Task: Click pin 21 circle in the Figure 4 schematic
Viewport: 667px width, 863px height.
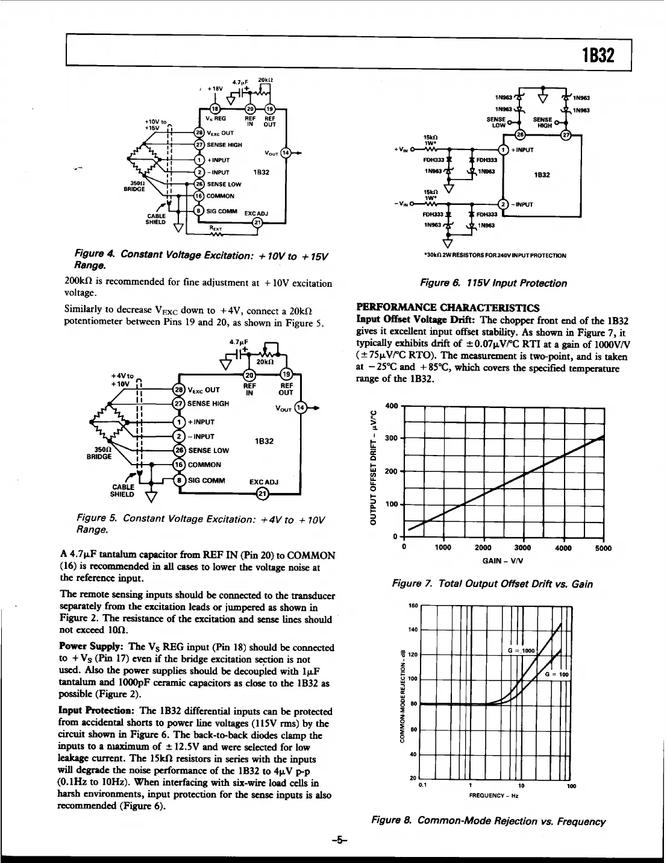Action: pyautogui.click(x=257, y=222)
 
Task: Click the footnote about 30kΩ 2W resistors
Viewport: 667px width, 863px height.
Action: pyautogui.click(x=495, y=256)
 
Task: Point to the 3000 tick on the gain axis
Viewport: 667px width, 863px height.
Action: pyautogui.click(x=522, y=548)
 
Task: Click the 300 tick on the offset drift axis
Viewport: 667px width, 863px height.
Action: pyautogui.click(x=391, y=438)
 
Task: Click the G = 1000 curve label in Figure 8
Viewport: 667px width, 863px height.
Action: pyautogui.click(x=521, y=651)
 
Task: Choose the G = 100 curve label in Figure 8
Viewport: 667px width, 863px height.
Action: pyautogui.click(x=557, y=674)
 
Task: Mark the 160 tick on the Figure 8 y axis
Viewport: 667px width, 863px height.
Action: pyautogui.click(x=413, y=605)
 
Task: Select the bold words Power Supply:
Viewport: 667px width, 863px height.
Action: pyautogui.click(x=92, y=647)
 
